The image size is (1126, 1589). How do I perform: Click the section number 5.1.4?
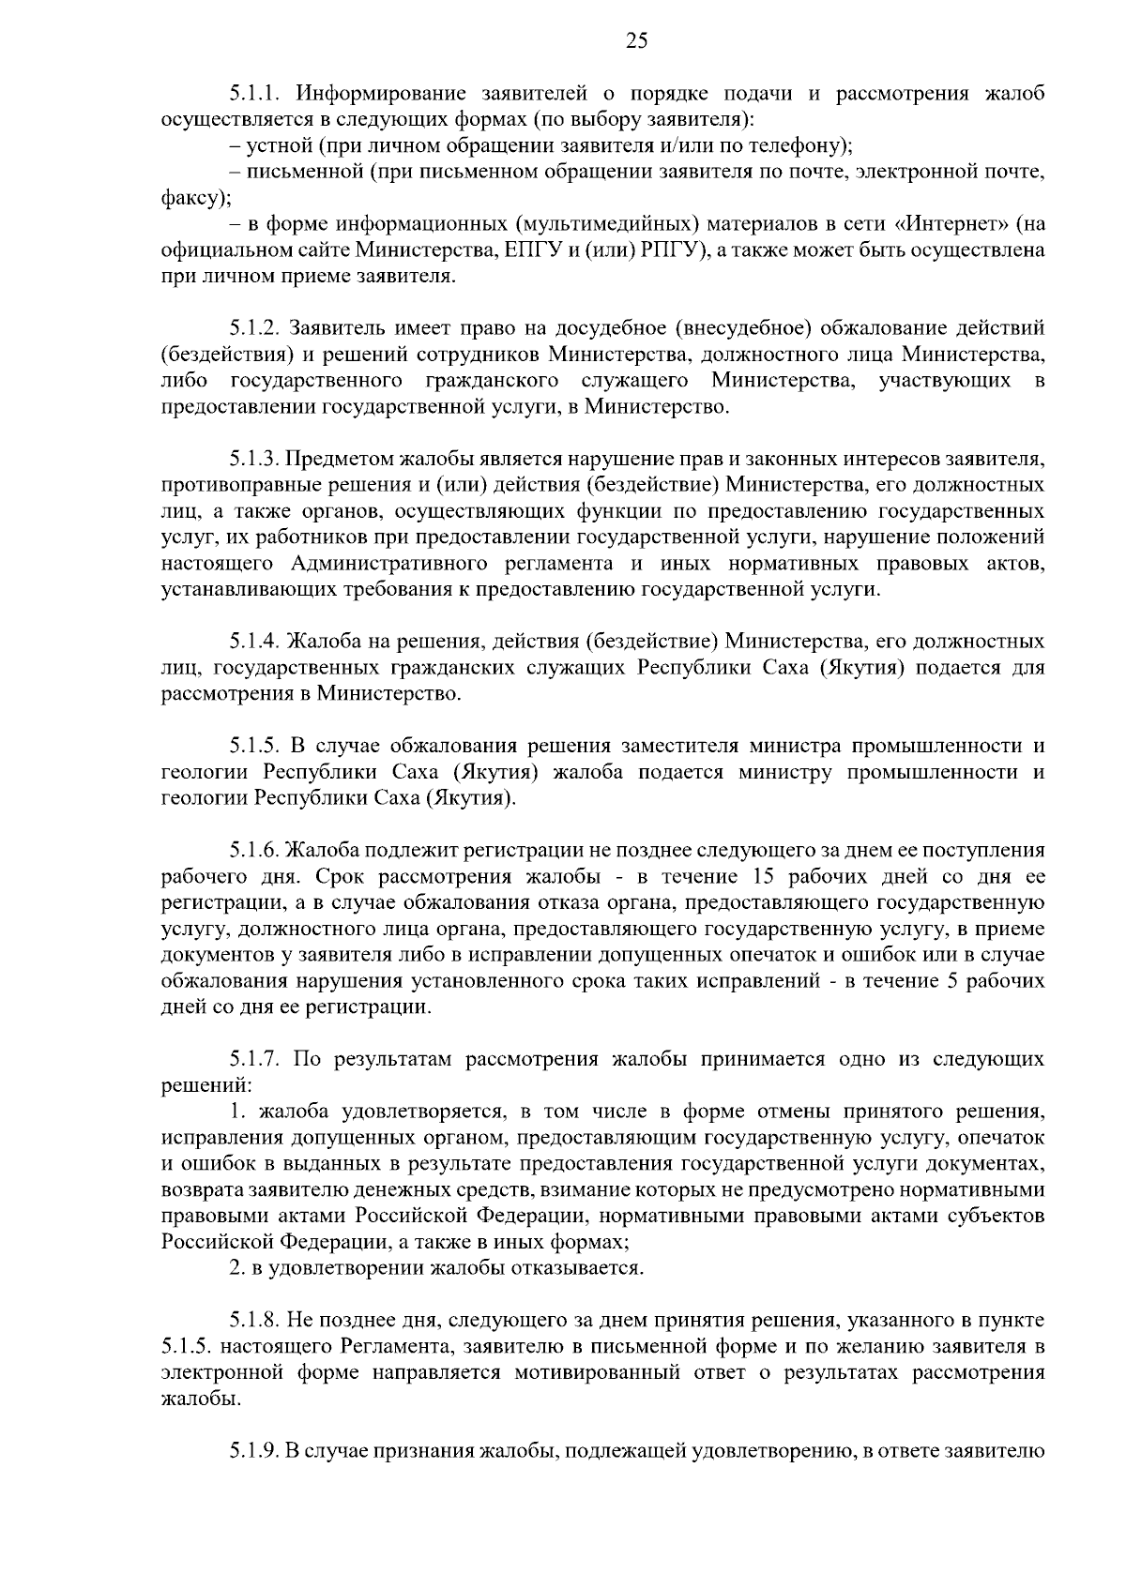pos(257,642)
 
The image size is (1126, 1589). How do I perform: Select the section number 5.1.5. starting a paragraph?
pos(257,746)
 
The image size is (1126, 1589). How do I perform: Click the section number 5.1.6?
pos(257,851)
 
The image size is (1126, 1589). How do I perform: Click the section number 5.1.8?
pos(257,1321)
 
